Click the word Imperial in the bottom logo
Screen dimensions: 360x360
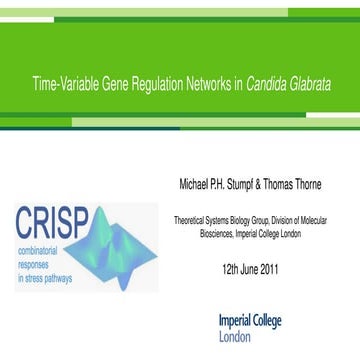pos(236,321)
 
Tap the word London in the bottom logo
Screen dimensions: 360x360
pos(237,337)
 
